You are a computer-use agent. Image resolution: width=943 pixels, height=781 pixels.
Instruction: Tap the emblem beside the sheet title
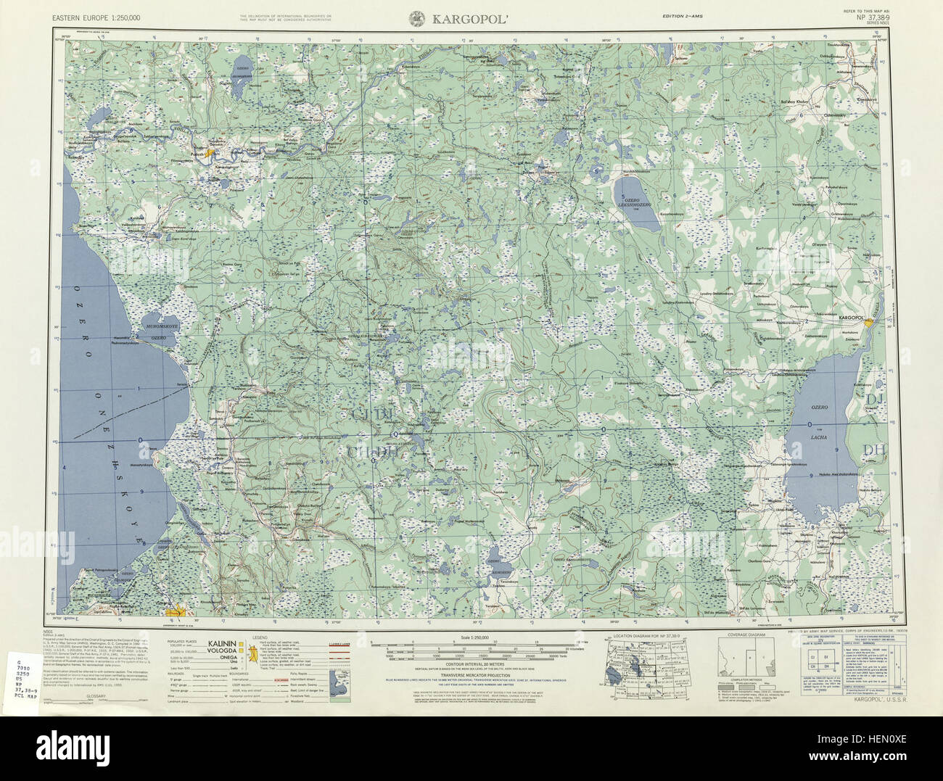418,17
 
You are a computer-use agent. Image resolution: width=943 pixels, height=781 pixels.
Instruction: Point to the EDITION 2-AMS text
683,16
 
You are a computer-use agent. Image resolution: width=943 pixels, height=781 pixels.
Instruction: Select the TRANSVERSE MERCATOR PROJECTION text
471,672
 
